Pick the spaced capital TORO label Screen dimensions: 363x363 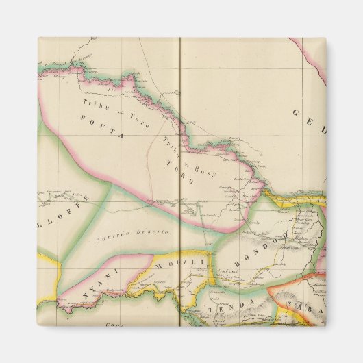(181, 172)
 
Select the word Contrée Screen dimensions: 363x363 (114, 237)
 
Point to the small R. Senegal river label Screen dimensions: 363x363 (51, 64)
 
